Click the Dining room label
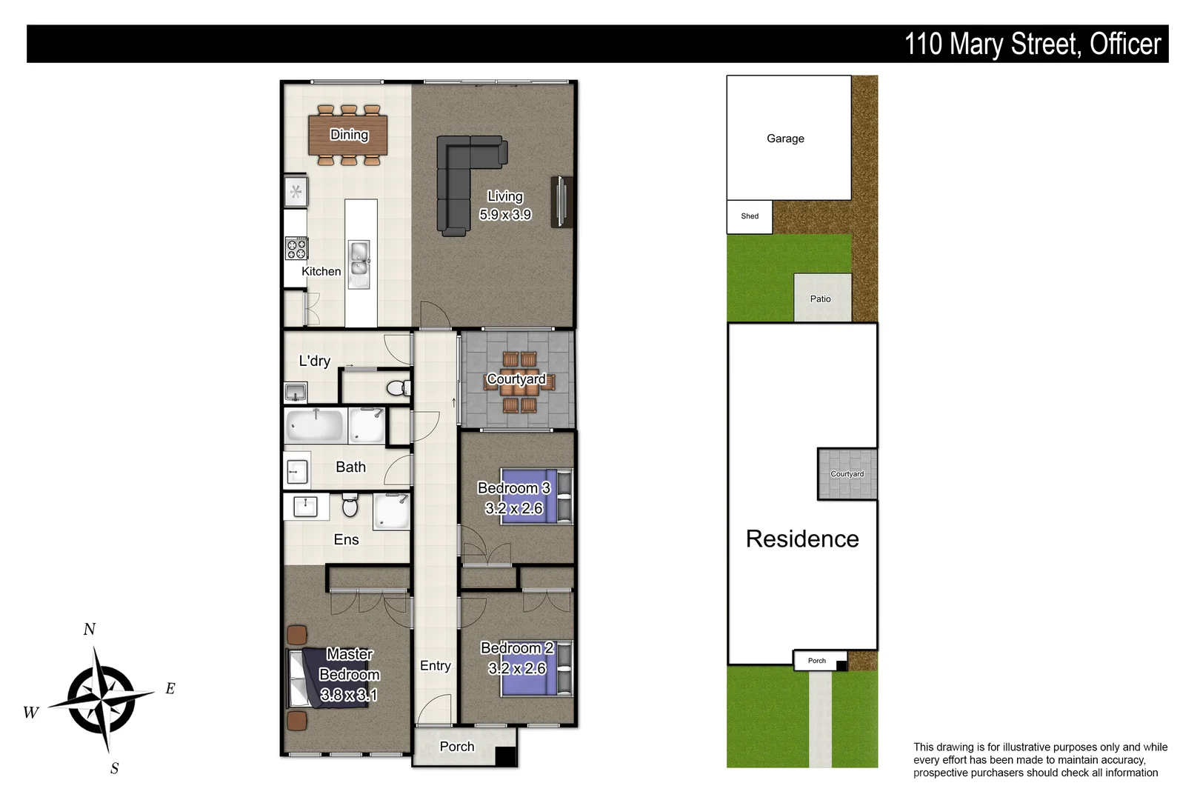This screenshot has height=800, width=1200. click(x=349, y=135)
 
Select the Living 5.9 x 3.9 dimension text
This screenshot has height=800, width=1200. click(x=505, y=215)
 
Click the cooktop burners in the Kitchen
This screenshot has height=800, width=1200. click(x=296, y=249)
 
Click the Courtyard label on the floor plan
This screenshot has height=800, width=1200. click(x=516, y=379)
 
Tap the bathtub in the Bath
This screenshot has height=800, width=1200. click(x=316, y=427)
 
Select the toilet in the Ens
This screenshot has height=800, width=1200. click(x=350, y=507)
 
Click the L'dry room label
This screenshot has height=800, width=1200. click(x=315, y=361)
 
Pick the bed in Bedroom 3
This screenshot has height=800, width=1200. click(x=535, y=496)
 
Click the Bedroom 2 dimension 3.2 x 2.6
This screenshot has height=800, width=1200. click(x=517, y=669)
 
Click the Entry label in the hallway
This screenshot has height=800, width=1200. click(x=436, y=666)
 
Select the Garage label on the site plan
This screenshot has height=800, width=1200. click(x=785, y=139)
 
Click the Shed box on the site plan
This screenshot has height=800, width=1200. click(x=750, y=217)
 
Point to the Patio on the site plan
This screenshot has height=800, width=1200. click(x=821, y=298)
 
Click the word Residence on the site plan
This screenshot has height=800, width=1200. click(x=802, y=539)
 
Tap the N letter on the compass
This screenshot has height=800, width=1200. click(x=90, y=630)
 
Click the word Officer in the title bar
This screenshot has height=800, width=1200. click(x=1125, y=44)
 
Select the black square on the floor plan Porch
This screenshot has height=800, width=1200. click(x=505, y=756)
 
